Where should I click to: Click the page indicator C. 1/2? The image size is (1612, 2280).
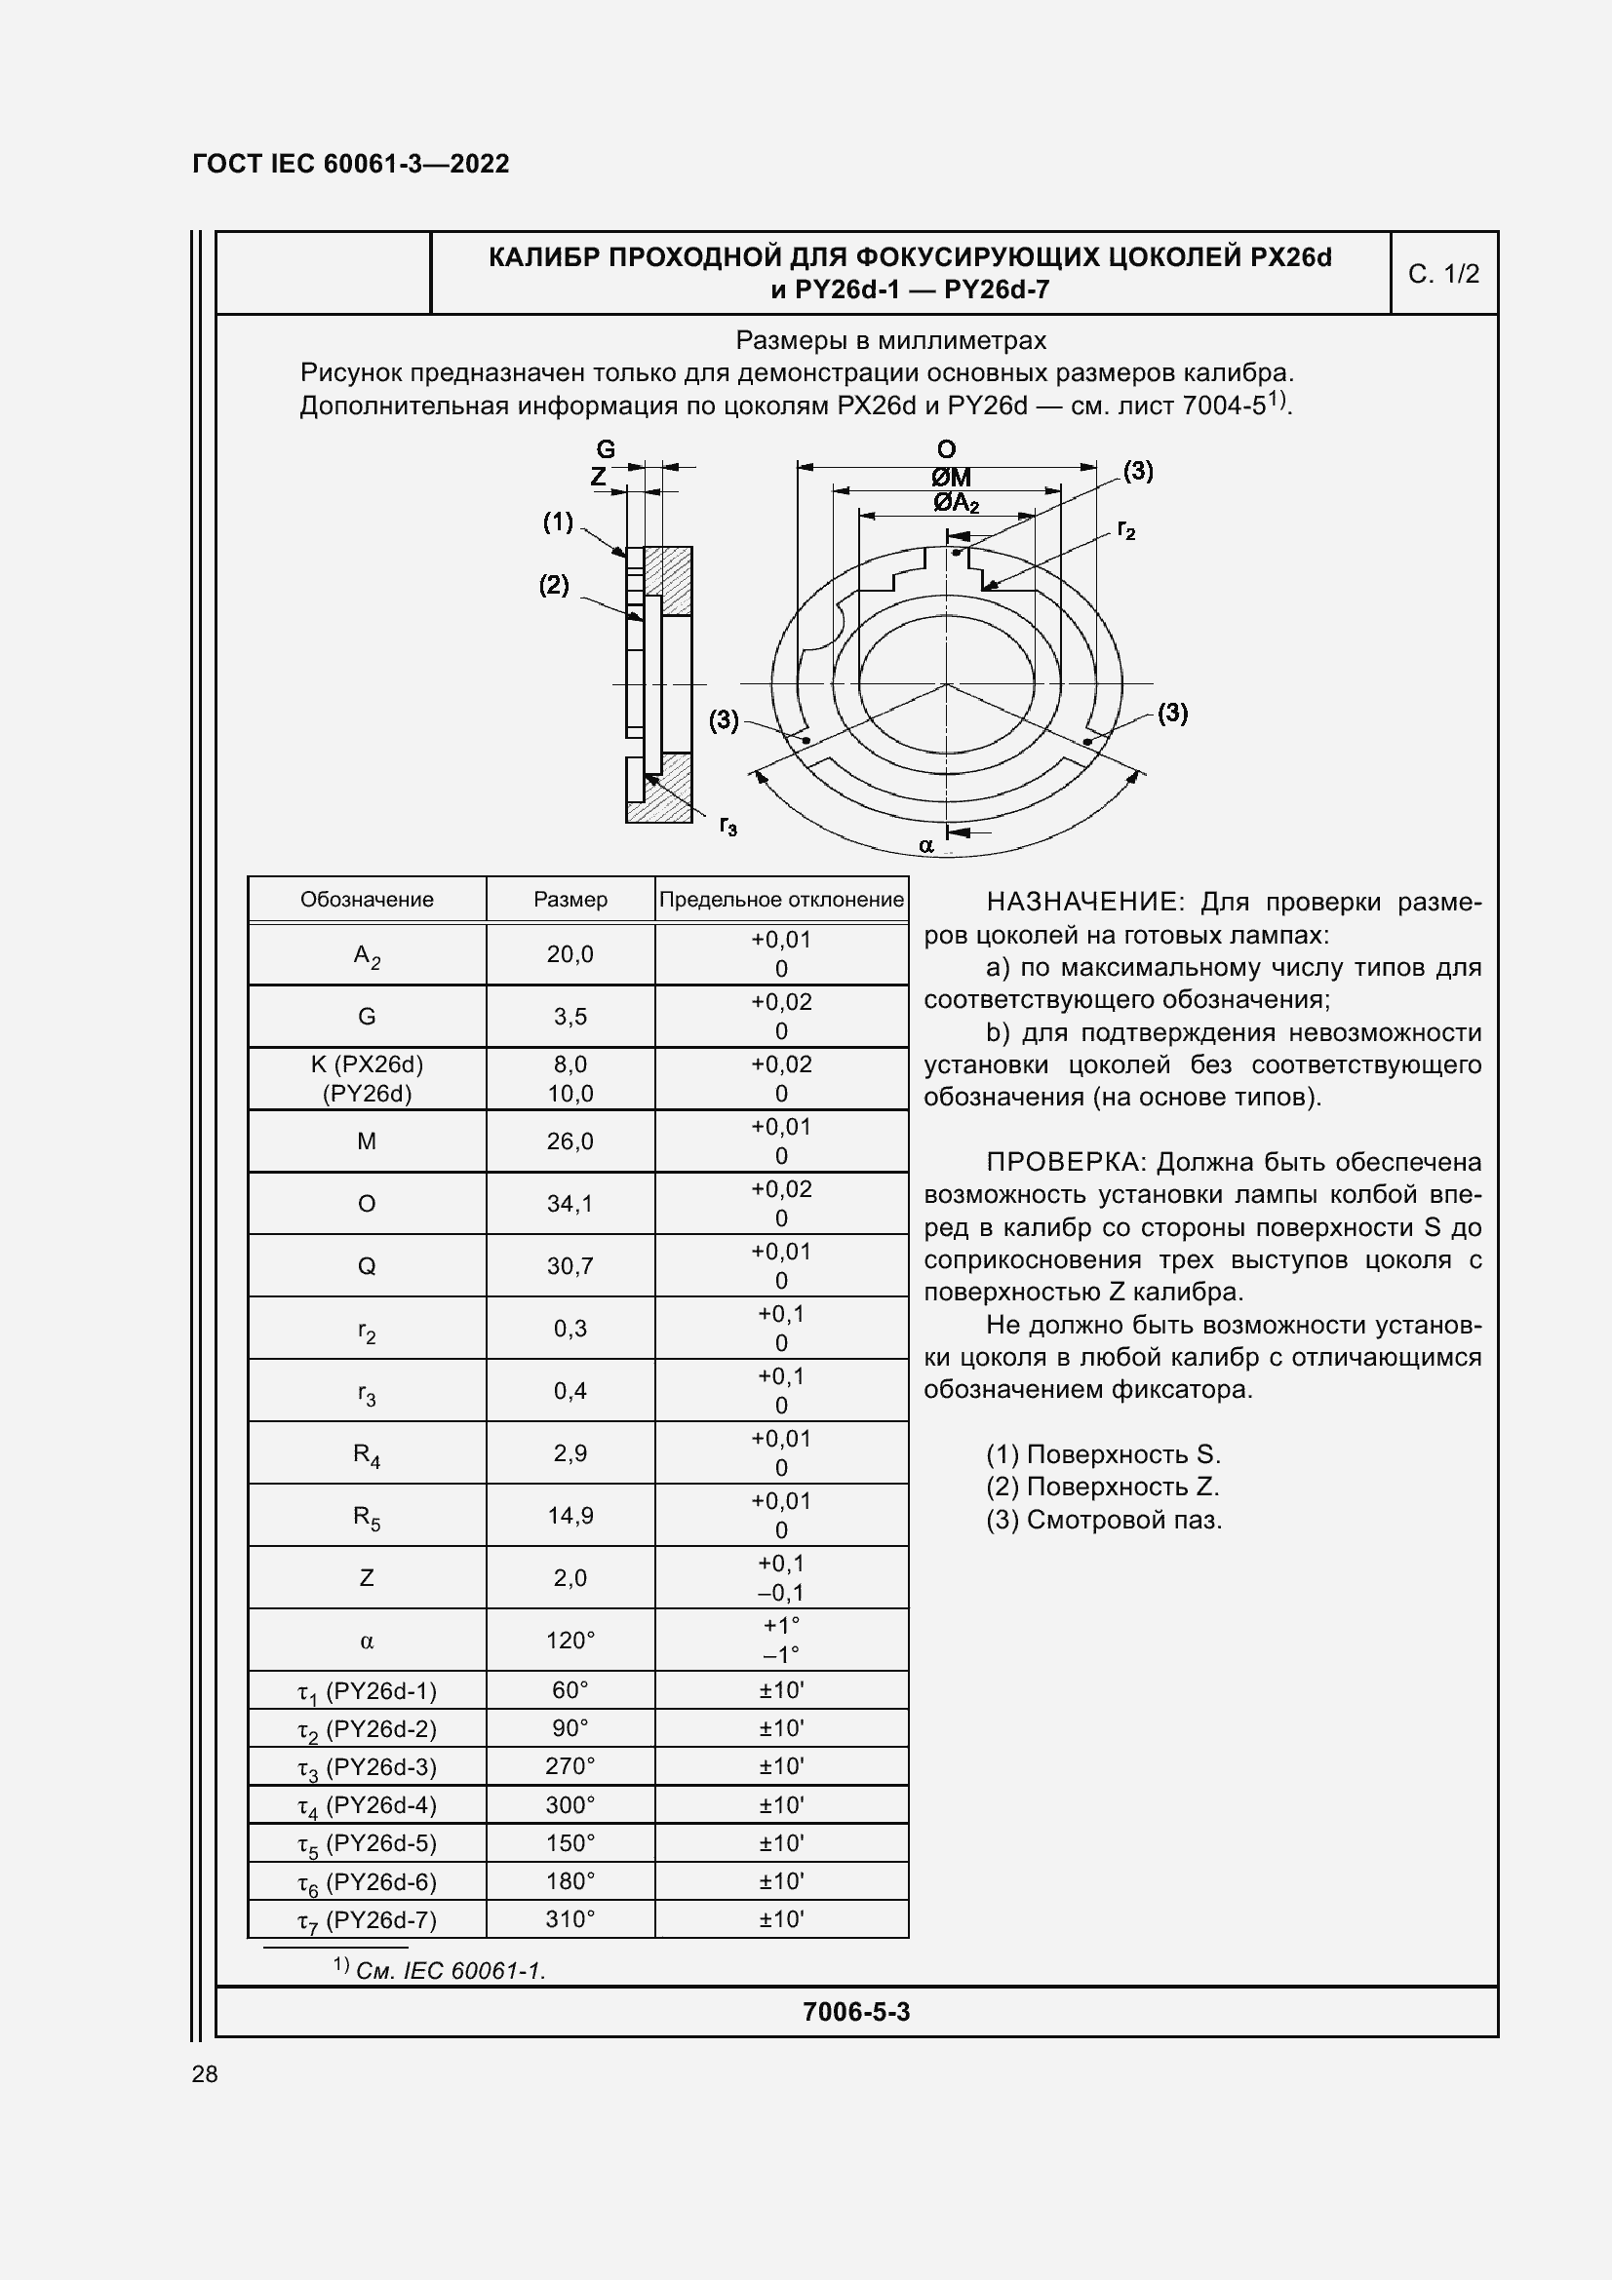pyautogui.click(x=1443, y=274)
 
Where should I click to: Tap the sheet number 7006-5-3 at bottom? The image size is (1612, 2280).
pyautogui.click(x=856, y=2012)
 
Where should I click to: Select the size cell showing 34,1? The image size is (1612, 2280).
pyautogui.click(x=570, y=1204)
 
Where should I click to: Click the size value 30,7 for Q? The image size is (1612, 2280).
pyautogui.click(x=570, y=1266)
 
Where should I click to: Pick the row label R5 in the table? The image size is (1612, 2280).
pyautogui.click(x=367, y=1517)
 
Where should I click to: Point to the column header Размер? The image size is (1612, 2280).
pyautogui.click(x=570, y=900)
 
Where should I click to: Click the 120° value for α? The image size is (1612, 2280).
pyautogui.click(x=570, y=1641)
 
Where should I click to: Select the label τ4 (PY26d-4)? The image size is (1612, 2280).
pyautogui.click(x=367, y=1806)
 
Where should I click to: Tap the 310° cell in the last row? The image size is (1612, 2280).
pyautogui.click(x=570, y=1919)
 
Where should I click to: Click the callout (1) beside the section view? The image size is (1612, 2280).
pyautogui.click(x=557, y=522)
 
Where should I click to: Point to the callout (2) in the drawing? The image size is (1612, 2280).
pyautogui.click(x=554, y=585)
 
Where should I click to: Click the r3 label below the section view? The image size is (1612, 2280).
pyautogui.click(x=728, y=826)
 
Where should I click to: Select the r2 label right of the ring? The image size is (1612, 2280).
pyautogui.click(x=1125, y=529)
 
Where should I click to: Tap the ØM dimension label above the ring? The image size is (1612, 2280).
pyautogui.click(x=952, y=478)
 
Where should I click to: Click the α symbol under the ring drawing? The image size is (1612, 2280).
pyautogui.click(x=925, y=846)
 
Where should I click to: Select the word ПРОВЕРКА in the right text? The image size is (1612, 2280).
pyautogui.click(x=1067, y=1162)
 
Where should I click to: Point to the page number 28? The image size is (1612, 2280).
pyautogui.click(x=205, y=2073)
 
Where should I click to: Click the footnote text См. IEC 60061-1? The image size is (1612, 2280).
pyautogui.click(x=450, y=1971)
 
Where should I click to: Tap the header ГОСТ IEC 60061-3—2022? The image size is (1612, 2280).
pyautogui.click(x=351, y=164)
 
